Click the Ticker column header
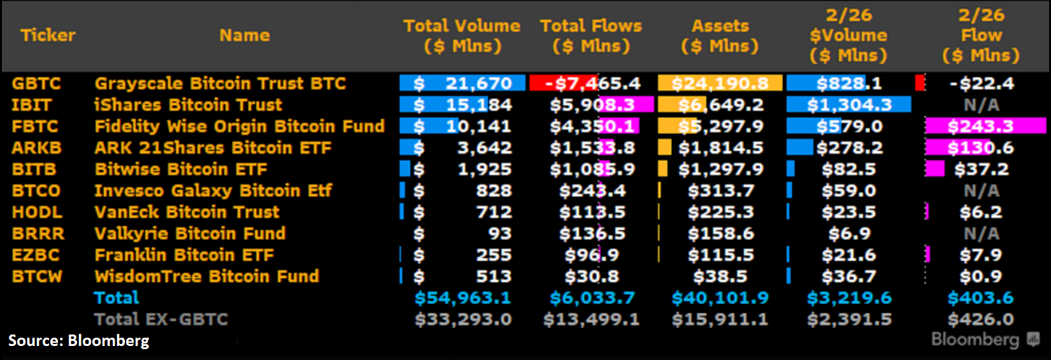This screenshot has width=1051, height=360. click(48, 35)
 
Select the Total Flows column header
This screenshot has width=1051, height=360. click(591, 36)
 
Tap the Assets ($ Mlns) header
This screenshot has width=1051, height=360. click(720, 36)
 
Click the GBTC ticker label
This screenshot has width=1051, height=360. click(36, 83)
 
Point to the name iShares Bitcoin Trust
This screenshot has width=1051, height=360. click(188, 105)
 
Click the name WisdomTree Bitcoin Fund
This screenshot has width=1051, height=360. click(206, 277)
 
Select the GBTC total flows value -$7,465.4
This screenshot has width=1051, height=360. click(592, 83)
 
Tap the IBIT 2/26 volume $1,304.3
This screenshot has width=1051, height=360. click(849, 105)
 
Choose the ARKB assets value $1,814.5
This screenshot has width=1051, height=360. click(720, 148)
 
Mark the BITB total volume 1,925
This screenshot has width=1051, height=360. click(484, 169)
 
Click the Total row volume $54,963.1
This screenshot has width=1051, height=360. click(462, 298)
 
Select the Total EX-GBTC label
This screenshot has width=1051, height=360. click(161, 319)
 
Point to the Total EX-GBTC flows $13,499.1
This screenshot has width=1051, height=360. click(591, 319)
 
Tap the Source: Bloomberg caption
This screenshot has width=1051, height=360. click(78, 341)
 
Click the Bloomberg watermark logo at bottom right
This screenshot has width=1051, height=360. click(985, 340)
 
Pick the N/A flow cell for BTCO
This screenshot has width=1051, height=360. click(981, 191)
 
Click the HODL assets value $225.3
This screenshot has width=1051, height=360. click(720, 212)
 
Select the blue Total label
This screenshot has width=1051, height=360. click(116, 298)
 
